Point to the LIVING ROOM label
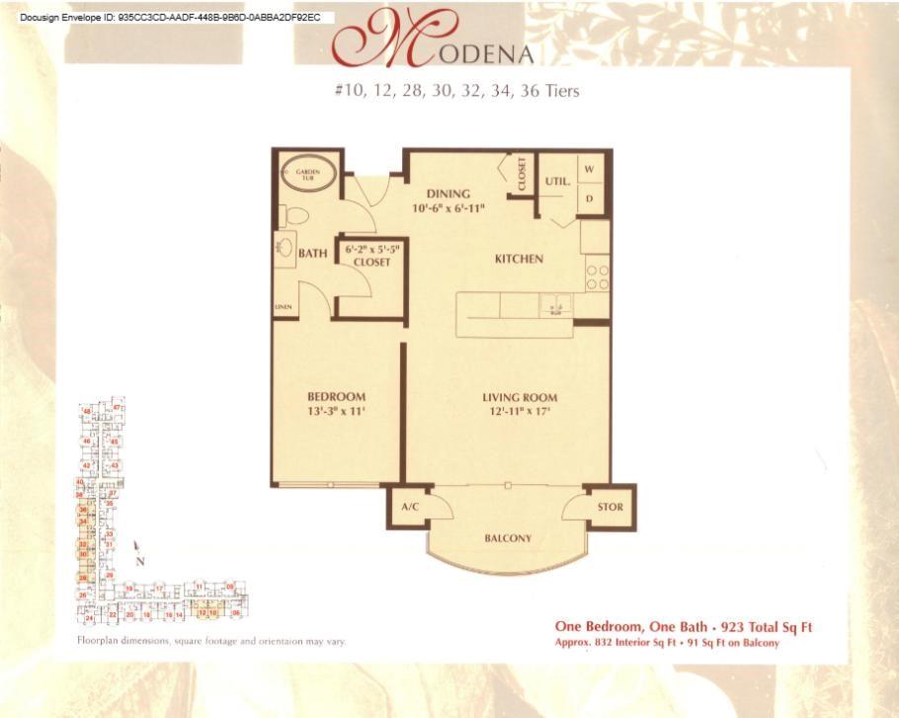click(x=520, y=398)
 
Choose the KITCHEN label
click(x=519, y=259)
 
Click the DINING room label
click(x=449, y=194)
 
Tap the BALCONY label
click(x=508, y=538)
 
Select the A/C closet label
click(x=411, y=507)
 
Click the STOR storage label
click(x=610, y=508)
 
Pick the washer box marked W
click(x=589, y=170)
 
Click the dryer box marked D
click(x=589, y=198)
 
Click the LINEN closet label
click(x=283, y=307)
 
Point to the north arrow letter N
click(x=140, y=561)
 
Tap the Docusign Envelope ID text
click(x=170, y=17)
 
